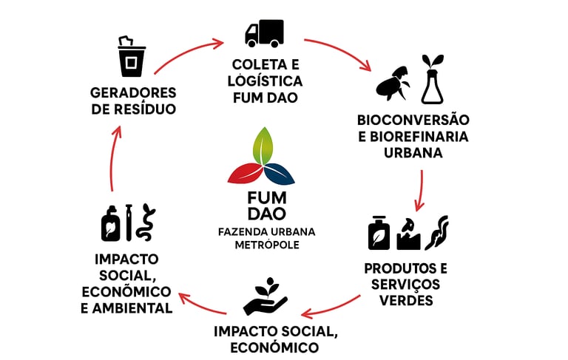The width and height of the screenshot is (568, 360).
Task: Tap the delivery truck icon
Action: [x=264, y=33]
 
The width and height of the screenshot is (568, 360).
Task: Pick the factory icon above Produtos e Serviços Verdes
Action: [x=409, y=234]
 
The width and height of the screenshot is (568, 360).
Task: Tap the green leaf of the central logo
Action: [x=263, y=148]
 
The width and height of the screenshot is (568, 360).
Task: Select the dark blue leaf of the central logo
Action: [x=280, y=174]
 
